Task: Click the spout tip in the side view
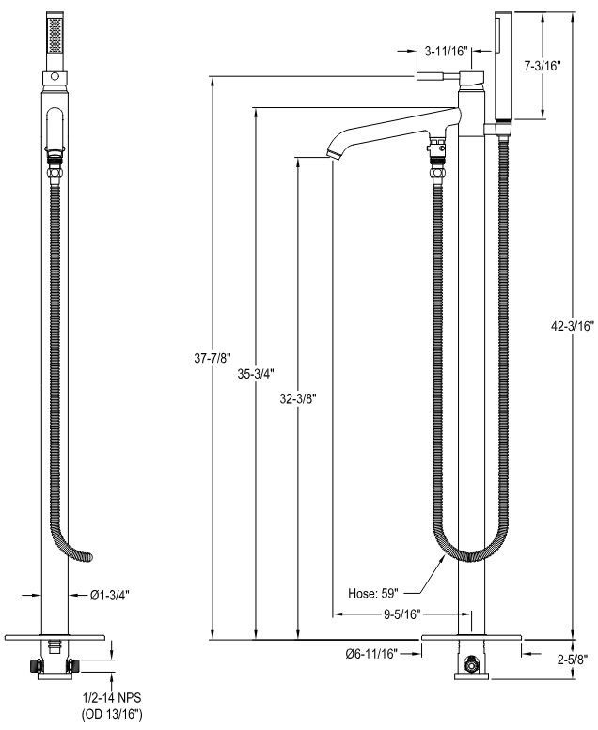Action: click(333, 153)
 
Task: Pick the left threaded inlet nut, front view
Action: click(34, 666)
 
